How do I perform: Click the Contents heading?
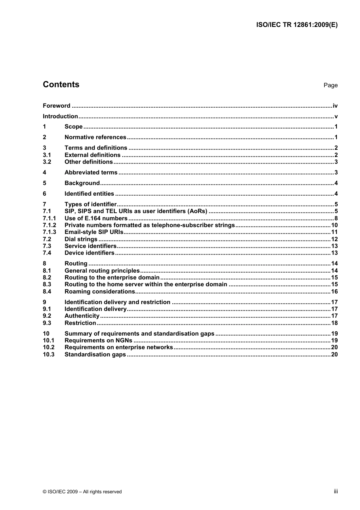pos(61,85)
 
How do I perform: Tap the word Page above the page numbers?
pos(330,85)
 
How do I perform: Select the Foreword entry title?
pos(56,106)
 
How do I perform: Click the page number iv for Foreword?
pos(335,106)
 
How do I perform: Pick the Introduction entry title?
pos(60,116)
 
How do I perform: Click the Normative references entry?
pos(95,137)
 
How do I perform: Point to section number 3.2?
pos(47,162)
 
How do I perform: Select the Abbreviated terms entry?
pos(91,173)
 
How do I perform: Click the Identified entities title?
pos(89,194)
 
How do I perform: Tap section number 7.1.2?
pos(49,225)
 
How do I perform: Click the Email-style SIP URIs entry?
pos(94,232)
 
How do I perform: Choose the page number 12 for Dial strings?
pos(334,239)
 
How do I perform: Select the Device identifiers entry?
pos(89,253)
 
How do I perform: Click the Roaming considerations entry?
pos(100,292)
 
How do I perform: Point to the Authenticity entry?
pos(82,316)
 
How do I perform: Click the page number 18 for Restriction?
pos(334,323)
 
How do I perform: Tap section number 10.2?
pos(49,347)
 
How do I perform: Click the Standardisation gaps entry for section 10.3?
pos(95,355)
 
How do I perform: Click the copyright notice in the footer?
pos(82,492)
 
